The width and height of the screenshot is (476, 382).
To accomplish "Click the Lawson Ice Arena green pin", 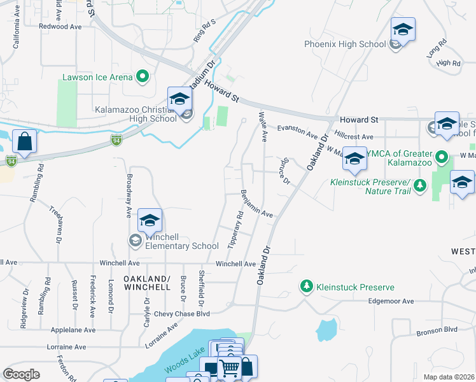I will click(142, 78).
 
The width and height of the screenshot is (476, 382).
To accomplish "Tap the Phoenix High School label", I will click(345, 45).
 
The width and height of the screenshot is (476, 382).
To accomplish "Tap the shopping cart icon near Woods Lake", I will click(229, 367).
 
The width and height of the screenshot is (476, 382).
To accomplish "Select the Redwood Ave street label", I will click(60, 27).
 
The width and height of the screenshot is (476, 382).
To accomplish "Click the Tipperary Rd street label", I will click(235, 230).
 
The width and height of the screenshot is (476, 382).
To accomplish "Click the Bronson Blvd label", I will click(437, 331).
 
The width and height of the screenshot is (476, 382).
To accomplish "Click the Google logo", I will click(22, 374).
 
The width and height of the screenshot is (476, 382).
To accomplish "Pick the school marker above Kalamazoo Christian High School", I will click(180, 99).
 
